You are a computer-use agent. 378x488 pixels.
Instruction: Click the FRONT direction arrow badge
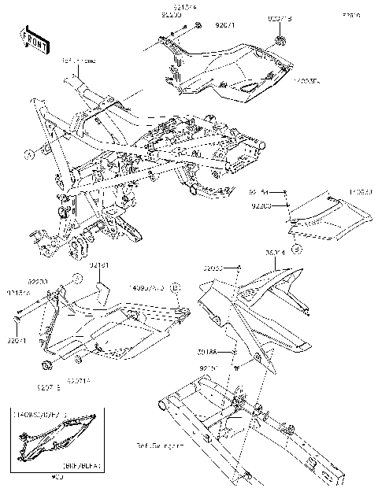29,37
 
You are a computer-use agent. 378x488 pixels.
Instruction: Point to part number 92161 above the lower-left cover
98,266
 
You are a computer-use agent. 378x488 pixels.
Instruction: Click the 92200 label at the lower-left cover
37,280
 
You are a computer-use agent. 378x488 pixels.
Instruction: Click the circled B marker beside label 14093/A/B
176,288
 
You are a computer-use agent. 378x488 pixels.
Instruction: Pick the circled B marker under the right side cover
296,249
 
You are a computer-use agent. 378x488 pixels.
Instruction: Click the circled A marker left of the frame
29,154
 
